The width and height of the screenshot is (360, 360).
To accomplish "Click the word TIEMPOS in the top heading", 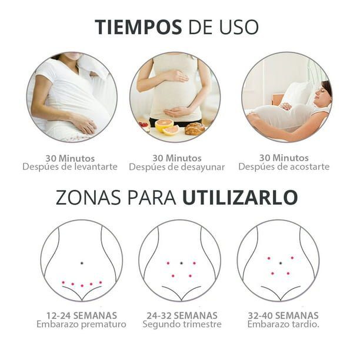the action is pyautogui.click(x=138, y=27).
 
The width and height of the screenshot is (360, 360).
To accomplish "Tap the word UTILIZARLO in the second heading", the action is pyautogui.click(x=240, y=198).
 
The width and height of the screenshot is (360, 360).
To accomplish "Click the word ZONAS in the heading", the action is pyautogui.click(x=88, y=198).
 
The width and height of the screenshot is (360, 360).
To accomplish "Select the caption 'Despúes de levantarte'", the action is pyautogui.click(x=70, y=166).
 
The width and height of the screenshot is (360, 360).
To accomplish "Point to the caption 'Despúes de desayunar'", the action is pyautogui.click(x=177, y=167).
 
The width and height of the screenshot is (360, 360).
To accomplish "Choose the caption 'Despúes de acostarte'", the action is pyautogui.click(x=284, y=166).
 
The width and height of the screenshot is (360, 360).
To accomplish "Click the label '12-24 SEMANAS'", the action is pyautogui.click(x=82, y=316).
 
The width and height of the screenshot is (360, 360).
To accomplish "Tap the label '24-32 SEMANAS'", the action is pyautogui.click(x=182, y=316).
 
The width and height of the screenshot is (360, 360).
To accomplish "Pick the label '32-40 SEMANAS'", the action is pyautogui.click(x=284, y=316).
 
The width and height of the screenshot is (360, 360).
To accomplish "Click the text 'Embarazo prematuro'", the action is pyautogui.click(x=82, y=325).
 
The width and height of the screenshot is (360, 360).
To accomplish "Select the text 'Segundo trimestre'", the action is pyautogui.click(x=182, y=325).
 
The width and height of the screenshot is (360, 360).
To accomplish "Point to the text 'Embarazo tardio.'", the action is pyautogui.click(x=284, y=325).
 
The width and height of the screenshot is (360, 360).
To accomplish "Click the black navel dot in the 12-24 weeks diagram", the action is pyautogui.click(x=82, y=263).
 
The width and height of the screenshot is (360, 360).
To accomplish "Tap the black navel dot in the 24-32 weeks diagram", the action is pyautogui.click(x=181, y=263).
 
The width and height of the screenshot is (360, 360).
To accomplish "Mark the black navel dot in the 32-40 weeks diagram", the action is pyautogui.click(x=281, y=263).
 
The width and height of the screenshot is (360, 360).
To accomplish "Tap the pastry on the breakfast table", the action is pyautogui.click(x=195, y=129).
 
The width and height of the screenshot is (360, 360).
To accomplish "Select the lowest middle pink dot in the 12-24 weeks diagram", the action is pyautogui.click(x=82, y=286).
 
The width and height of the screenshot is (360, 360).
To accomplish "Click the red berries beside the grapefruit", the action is pyautogui.click(x=144, y=125).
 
